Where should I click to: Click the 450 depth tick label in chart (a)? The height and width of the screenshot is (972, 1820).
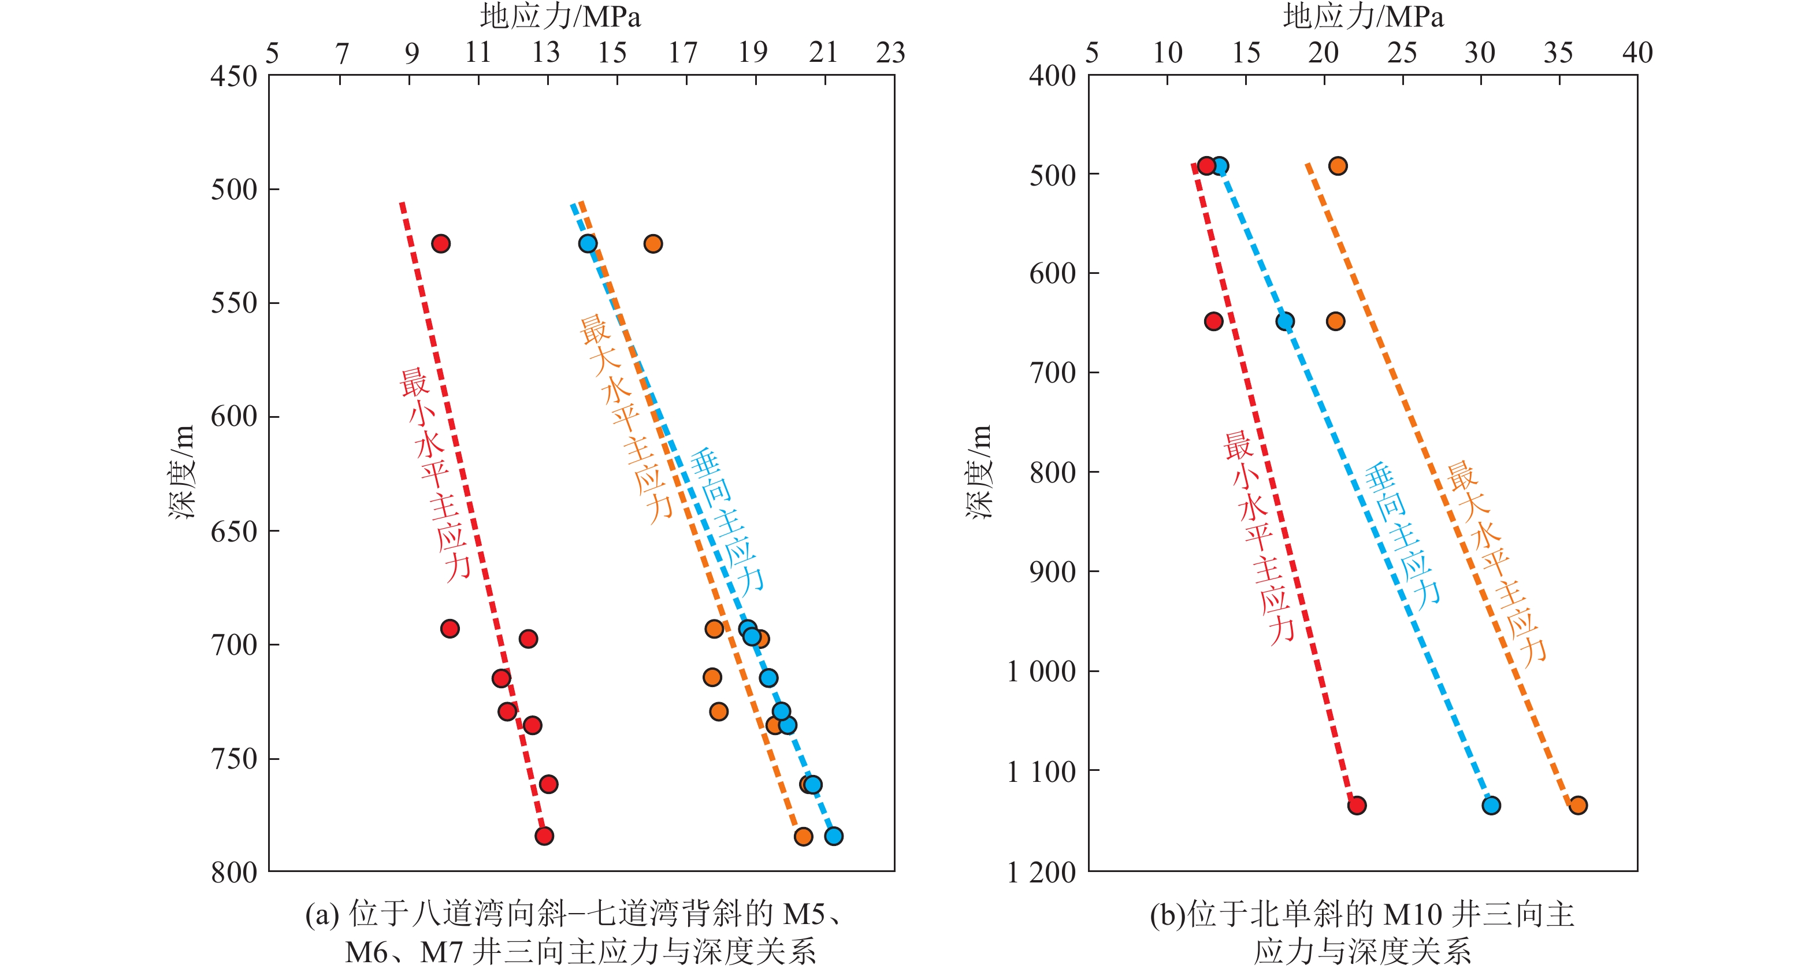234,76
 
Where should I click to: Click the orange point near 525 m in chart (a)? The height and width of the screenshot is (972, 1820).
653,244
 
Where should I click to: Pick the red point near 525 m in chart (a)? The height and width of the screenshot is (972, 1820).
441,244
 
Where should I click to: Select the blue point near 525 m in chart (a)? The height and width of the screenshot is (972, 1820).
588,244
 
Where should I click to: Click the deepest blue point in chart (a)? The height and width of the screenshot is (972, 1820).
834,836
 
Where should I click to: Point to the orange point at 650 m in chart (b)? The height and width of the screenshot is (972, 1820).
1335,321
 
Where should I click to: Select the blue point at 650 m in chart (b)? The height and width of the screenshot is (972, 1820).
1285,321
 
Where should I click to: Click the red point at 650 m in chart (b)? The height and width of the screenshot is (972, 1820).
1214,321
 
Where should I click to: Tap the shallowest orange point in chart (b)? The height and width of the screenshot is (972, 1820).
1338,166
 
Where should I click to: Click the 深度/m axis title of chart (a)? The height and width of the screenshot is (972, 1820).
181,472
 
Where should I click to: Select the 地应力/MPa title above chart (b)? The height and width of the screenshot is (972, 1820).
1363,16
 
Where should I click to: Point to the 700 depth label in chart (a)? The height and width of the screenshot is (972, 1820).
234,645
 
